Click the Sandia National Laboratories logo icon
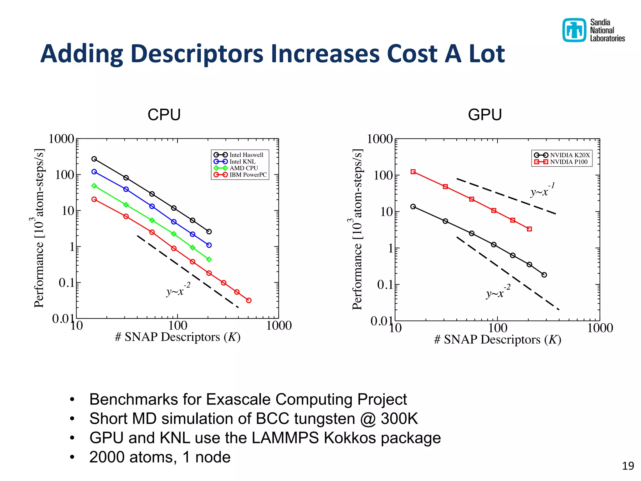[574, 30]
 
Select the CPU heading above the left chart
[164, 115]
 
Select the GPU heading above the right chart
[485, 115]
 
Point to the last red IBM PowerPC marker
[249, 300]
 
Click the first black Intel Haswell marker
[94, 159]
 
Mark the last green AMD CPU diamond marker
[209, 259]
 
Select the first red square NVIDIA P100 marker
[413, 172]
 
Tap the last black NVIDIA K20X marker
[544, 275]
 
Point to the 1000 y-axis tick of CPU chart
[61, 139]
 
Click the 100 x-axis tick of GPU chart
[498, 328]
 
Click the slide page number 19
[628, 466]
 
